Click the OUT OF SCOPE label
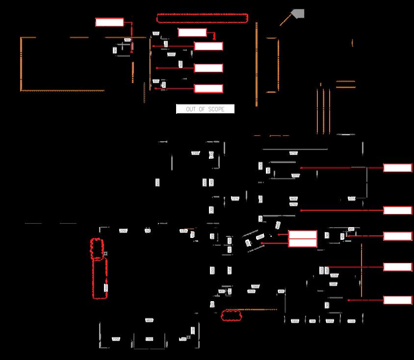click(205, 109)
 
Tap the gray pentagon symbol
click(297, 14)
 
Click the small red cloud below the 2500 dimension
click(232, 315)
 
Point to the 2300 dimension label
click(196, 154)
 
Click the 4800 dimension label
click(149, 320)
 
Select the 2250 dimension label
click(124, 231)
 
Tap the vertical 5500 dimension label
click(105, 287)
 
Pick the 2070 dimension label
click(296, 176)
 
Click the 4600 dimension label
click(293, 199)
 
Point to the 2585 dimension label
click(333, 284)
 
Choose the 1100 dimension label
click(351, 321)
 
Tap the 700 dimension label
click(312, 321)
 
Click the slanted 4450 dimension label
click(278, 225)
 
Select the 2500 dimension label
click(251, 291)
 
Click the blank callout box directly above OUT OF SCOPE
click(208, 88)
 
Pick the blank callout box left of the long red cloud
click(109, 22)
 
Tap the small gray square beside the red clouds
click(105, 253)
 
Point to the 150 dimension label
click(148, 231)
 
